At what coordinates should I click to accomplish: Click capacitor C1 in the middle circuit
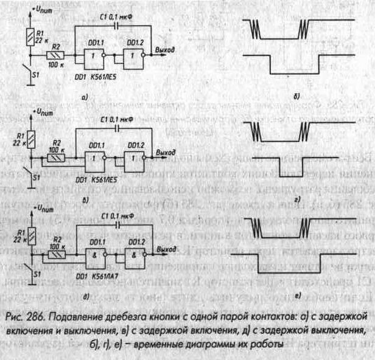pyautogui.click(x=116, y=130)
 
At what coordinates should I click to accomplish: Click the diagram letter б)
pyautogui.click(x=295, y=97)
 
